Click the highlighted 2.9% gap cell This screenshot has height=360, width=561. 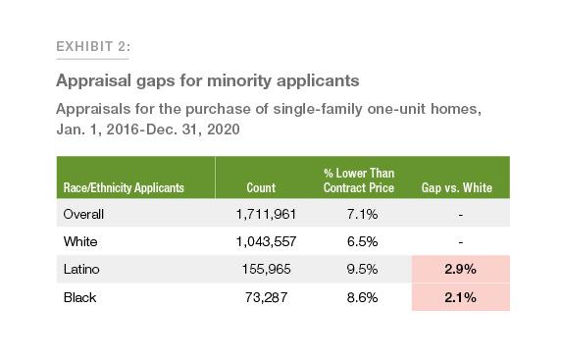click(x=460, y=268)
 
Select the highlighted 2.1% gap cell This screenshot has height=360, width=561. click(x=460, y=295)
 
